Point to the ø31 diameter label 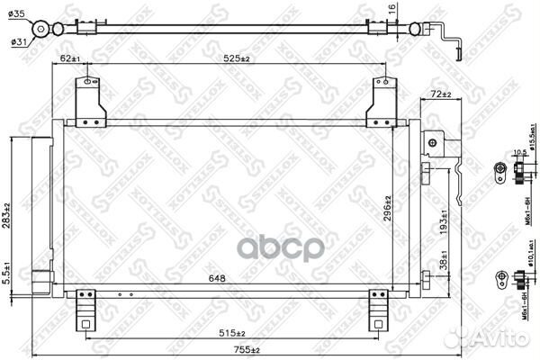coord(17,40)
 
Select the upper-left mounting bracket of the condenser coord(88,99)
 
